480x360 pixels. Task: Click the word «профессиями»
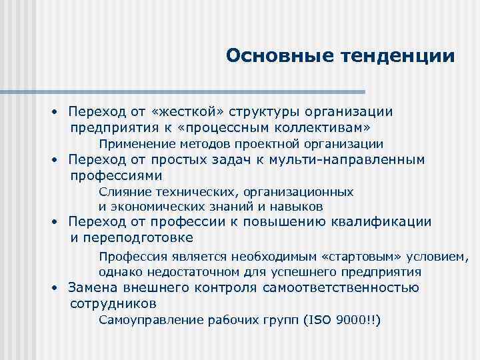116,176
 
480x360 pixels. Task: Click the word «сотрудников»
113,304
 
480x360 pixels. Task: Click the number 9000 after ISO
347,321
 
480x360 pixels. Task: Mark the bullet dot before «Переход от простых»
58,161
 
